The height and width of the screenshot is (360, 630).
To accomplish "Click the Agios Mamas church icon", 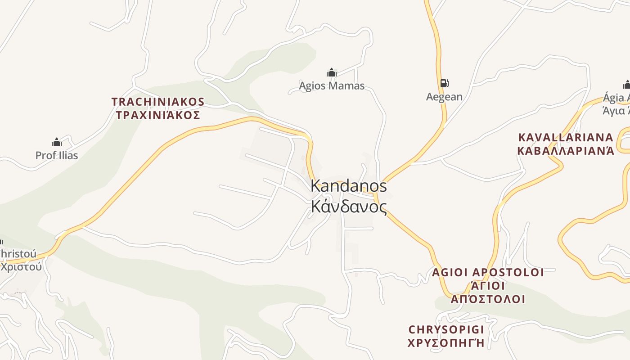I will tap(332, 72).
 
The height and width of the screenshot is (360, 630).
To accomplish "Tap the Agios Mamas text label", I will tap(332, 85).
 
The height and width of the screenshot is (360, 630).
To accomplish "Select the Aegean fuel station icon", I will tap(444, 83).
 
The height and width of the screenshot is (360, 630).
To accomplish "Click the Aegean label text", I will tap(444, 97).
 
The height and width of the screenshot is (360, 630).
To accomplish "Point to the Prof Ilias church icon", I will tap(57, 143).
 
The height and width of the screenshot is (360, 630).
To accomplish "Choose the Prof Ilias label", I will tap(57, 156).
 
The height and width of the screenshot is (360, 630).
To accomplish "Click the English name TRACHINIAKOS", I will tap(158, 102).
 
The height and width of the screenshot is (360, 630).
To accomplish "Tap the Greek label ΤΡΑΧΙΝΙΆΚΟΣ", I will tap(158, 115).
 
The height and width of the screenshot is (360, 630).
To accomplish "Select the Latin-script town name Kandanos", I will tap(349, 186).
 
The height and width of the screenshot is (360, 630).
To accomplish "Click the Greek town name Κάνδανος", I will tap(349, 207).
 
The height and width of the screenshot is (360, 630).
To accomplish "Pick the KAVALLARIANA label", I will tap(566, 137).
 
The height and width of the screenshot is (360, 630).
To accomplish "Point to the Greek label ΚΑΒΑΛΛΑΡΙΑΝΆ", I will tap(566, 151).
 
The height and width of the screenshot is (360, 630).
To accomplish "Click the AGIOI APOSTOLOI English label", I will tap(488, 272).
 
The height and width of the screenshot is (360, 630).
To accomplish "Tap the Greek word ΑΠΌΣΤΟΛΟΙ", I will tap(488, 299).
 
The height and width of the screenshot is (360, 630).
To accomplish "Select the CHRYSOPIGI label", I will tap(446, 329).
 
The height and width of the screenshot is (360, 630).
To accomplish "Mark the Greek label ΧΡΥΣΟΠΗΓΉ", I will tap(446, 343).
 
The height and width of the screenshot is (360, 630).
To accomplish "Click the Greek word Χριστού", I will tap(21, 266).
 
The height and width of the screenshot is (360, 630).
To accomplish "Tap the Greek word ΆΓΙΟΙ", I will tap(488, 286).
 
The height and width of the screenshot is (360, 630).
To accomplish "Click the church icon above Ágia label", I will tap(626, 85).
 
